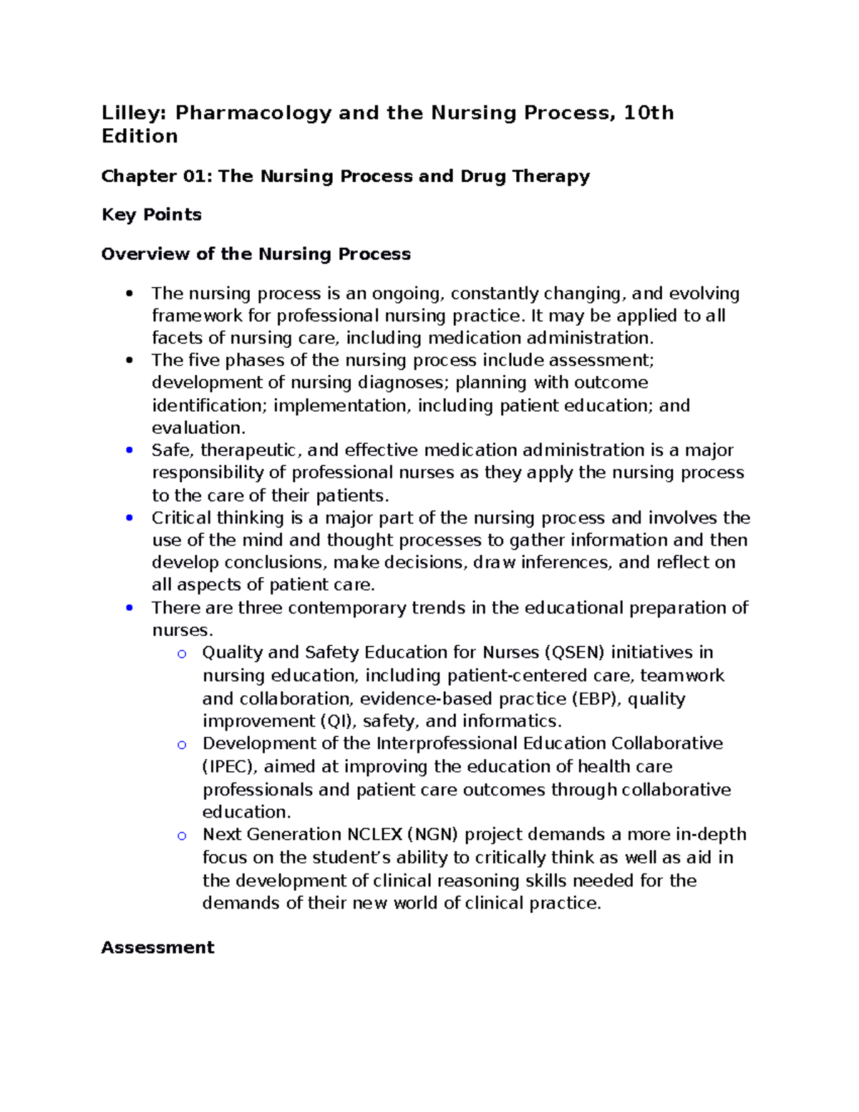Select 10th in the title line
(649, 113)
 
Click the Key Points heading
(151, 215)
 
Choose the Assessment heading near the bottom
(157, 947)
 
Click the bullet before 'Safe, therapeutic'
(129, 450)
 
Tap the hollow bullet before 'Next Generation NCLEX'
(182, 836)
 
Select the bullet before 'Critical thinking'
(129, 518)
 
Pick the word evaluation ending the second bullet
(197, 428)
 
